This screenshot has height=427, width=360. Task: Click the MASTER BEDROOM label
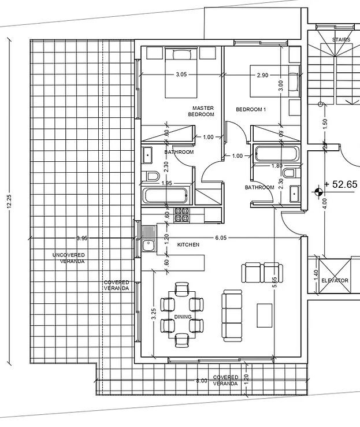[x=201, y=112]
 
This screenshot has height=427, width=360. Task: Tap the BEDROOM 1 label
[x=251, y=109]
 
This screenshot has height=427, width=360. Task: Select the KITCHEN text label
[x=188, y=245]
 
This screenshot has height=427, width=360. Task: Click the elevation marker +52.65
[x=341, y=184]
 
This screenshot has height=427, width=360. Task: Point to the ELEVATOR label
[x=335, y=280]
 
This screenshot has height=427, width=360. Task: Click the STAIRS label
[x=341, y=40]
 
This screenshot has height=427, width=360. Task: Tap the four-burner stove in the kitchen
[x=181, y=214]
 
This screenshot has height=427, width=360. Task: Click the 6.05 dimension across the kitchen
[x=221, y=237]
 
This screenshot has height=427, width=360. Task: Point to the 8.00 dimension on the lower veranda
[x=202, y=381]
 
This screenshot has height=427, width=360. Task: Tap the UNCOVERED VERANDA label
[x=69, y=258]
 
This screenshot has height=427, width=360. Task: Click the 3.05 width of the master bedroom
[x=181, y=75]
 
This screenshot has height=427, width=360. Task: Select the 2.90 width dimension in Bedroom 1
[x=262, y=75]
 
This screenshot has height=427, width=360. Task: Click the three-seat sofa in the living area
[x=232, y=316]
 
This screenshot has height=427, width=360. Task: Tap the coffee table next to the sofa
[x=265, y=315]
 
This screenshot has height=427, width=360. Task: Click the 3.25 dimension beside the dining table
[x=154, y=314]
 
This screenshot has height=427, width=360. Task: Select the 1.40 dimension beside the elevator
[x=316, y=275]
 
